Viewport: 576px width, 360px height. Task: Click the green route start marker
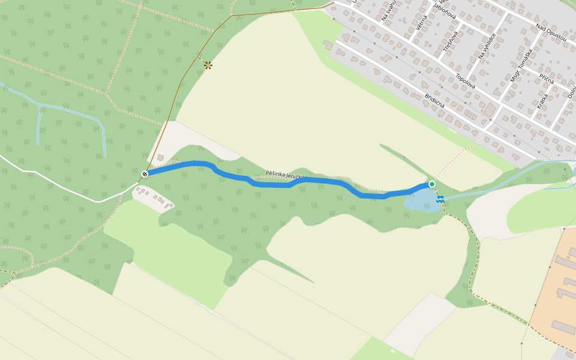point(431,184)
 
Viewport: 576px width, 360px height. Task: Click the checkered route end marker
point(145,174)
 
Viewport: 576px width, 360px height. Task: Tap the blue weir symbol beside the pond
point(440,199)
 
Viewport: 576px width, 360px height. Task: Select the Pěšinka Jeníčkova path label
point(285,175)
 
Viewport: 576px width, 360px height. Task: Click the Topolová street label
point(466,81)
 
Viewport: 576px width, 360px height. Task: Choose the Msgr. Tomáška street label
point(521,65)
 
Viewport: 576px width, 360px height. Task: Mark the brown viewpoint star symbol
point(208,65)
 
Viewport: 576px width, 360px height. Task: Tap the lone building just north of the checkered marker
point(160,158)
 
